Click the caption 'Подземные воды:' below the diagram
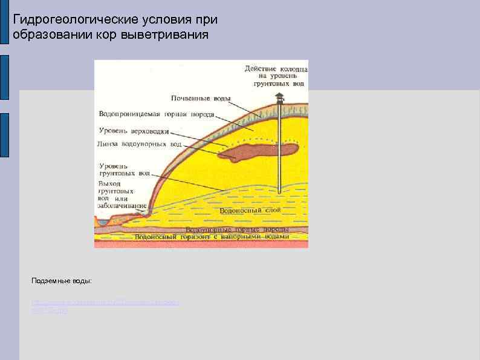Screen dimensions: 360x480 (62, 281)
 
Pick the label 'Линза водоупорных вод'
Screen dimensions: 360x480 (139, 144)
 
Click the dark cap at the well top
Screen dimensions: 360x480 (279, 97)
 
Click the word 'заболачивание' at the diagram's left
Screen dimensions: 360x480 (122, 206)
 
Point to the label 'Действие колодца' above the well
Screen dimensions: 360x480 (276, 68)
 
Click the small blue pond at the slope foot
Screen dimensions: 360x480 (103, 223)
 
